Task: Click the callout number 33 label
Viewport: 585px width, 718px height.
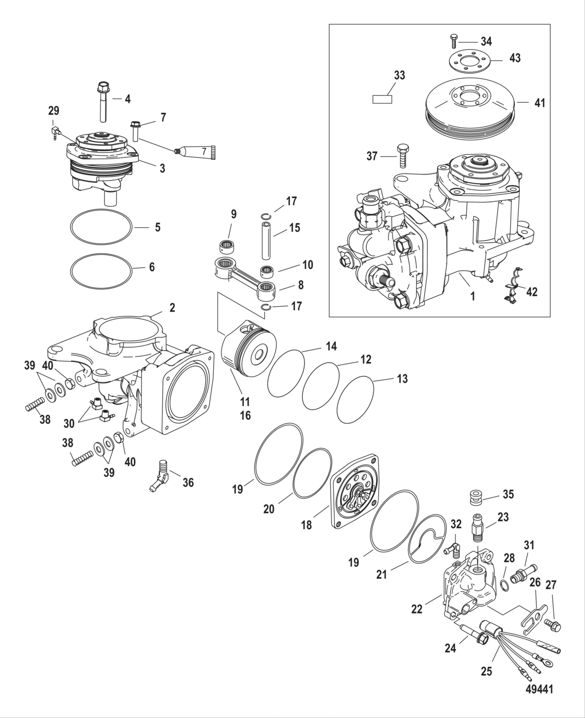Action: pyautogui.click(x=399, y=75)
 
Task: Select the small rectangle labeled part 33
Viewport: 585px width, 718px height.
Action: pyautogui.click(x=382, y=99)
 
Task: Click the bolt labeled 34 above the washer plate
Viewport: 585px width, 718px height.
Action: pyautogui.click(x=453, y=40)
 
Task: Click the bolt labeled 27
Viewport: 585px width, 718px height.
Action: pyautogui.click(x=551, y=623)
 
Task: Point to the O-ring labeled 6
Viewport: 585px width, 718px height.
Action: pyautogui.click(x=100, y=268)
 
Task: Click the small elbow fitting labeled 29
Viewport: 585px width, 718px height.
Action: pyautogui.click(x=55, y=130)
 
